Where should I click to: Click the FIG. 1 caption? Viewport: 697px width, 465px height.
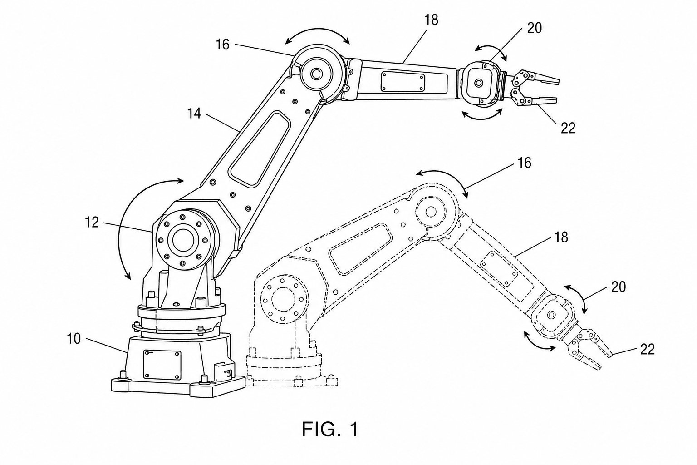point(330,429)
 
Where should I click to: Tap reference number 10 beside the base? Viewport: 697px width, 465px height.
point(74,339)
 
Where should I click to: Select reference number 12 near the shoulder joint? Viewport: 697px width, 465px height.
point(92,223)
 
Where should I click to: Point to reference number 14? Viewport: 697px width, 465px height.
point(194,114)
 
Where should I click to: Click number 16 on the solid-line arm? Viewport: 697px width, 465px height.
point(222,45)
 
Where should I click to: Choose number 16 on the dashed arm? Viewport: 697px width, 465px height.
point(524,163)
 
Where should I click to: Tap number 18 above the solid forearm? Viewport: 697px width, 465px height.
point(431,20)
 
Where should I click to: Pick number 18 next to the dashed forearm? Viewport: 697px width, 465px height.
point(561,237)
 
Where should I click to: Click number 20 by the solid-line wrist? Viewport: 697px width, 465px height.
point(535,28)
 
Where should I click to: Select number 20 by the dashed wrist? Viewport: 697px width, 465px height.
point(618,287)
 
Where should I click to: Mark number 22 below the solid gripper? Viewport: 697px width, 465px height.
point(568,128)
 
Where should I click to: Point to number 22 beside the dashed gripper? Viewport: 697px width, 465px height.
point(648,350)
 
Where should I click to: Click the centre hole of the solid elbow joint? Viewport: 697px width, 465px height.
point(317,75)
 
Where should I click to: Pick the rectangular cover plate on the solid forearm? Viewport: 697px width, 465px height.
point(403,82)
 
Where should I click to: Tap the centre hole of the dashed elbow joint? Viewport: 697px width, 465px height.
point(431,212)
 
